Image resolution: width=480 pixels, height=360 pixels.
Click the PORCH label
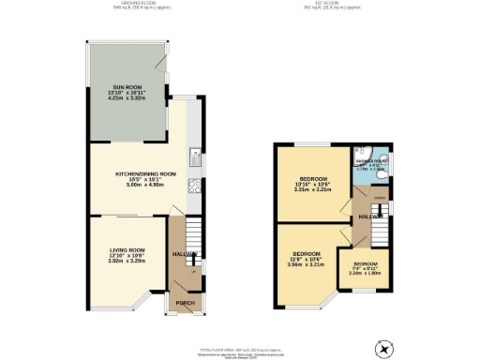pyautogui.click(x=185, y=303)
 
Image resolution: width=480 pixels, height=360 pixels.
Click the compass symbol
pyautogui.click(x=382, y=348)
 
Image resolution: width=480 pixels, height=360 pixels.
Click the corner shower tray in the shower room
pyautogui.click(x=362, y=156)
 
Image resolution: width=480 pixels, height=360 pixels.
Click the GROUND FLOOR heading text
pyautogui.click(x=128, y=4)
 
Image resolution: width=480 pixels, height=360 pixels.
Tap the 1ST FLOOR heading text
pyautogui.click(x=326, y=4)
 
